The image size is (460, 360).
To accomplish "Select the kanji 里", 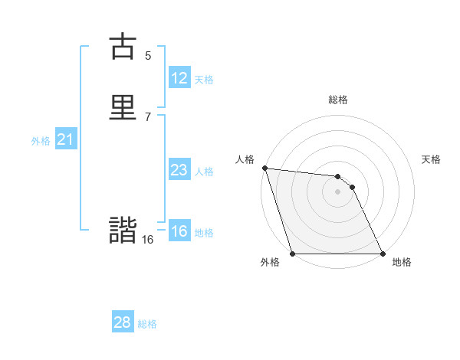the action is click(x=123, y=106).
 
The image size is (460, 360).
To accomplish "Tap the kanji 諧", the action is click(x=123, y=231).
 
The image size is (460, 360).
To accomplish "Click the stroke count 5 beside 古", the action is click(x=148, y=55).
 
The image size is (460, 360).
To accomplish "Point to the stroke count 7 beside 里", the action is click(x=148, y=116).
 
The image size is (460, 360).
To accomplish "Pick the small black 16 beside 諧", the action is click(x=147, y=240).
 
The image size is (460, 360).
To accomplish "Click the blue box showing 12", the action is click(x=179, y=78).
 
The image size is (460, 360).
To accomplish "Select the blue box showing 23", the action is click(x=179, y=170).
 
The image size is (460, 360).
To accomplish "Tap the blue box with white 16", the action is click(x=179, y=231).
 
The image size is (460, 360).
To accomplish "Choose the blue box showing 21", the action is click(x=65, y=139).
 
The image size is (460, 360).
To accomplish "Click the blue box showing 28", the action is click(x=123, y=322).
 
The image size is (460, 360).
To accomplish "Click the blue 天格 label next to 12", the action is click(x=204, y=79).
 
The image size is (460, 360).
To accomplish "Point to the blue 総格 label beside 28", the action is click(x=147, y=323).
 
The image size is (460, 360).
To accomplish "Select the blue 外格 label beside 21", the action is click(x=41, y=140).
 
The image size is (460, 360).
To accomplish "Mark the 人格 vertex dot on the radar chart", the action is click(x=264, y=168).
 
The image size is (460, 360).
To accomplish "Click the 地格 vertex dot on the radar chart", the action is click(x=382, y=254).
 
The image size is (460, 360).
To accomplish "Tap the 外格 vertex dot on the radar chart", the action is click(x=292, y=254).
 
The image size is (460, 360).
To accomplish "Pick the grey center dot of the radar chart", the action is click(x=337, y=191).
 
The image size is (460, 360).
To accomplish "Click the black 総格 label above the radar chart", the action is click(x=337, y=100).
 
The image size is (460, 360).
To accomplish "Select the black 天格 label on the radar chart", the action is click(x=432, y=159).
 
